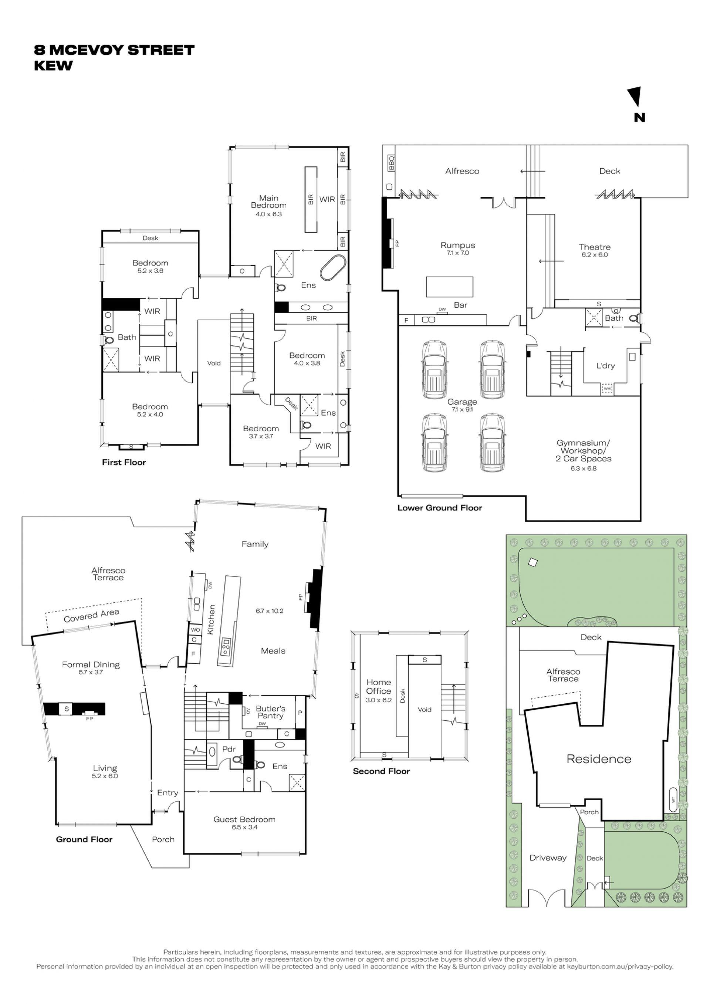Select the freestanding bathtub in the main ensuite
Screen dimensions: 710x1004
coord(333,268)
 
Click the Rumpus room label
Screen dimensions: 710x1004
coord(458,245)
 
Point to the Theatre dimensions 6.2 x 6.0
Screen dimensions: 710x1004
coord(595,254)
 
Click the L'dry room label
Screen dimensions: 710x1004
coord(605,366)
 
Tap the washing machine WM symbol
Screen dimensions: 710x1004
coord(607,388)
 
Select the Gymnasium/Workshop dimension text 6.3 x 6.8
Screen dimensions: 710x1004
coord(583,468)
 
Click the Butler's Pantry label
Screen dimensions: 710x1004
coord(270,712)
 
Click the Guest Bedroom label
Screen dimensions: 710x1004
coord(244,819)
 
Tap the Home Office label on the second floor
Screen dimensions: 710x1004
coord(379,687)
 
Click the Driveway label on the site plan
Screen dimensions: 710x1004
coord(548,858)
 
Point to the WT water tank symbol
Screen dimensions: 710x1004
coord(673,800)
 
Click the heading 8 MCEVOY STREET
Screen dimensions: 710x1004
coord(114,50)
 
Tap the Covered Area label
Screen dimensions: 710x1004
coord(91,615)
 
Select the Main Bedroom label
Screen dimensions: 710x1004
coord(268,202)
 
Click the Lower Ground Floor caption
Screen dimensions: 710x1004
coord(440,508)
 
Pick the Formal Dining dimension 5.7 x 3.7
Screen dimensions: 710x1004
coord(91,672)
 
